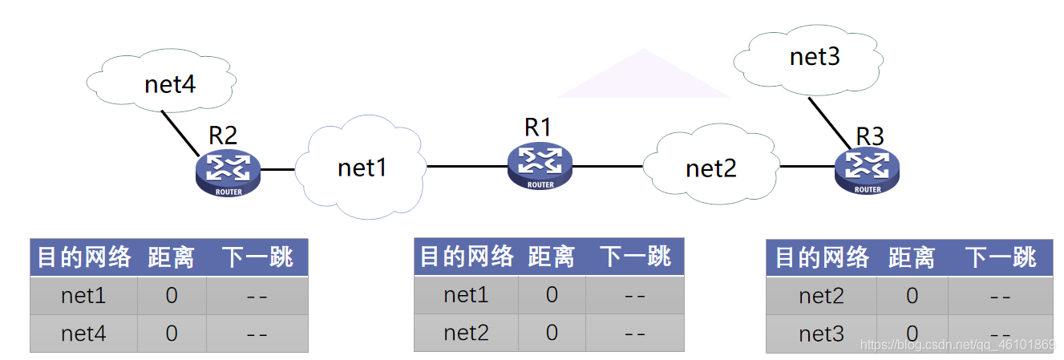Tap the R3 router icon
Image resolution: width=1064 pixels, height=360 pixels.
(867, 170)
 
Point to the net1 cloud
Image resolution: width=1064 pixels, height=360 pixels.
(362, 168)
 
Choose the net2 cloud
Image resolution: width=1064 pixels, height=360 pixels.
(710, 168)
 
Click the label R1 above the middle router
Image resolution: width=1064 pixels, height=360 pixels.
(538, 127)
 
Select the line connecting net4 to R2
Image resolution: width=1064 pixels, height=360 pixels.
(180, 132)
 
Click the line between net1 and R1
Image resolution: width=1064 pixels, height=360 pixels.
(466, 167)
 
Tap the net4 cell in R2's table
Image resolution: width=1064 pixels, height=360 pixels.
(83, 333)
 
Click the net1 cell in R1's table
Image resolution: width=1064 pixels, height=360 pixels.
(466, 295)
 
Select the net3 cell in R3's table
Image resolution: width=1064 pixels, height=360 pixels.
(821, 334)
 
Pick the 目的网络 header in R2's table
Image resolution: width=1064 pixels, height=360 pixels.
(84, 257)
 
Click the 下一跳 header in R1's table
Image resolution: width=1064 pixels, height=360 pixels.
(635, 257)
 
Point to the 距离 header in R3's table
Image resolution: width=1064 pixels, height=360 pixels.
(912, 258)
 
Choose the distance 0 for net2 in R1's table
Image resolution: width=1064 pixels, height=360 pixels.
(552, 333)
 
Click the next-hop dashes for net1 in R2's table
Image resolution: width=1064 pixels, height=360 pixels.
(257, 296)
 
